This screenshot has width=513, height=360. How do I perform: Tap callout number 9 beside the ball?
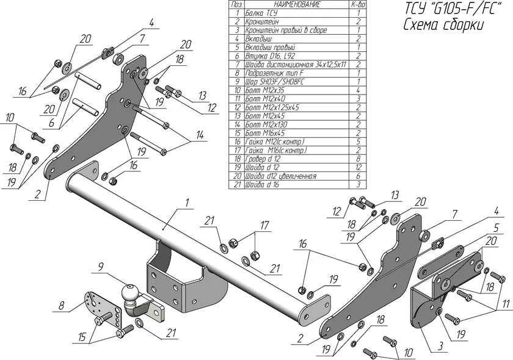tap(101, 266)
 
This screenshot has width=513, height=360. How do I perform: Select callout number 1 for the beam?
tap(187, 202)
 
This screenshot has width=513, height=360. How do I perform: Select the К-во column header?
tap(358, 5)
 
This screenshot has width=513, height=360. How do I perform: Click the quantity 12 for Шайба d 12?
tap(358, 167)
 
